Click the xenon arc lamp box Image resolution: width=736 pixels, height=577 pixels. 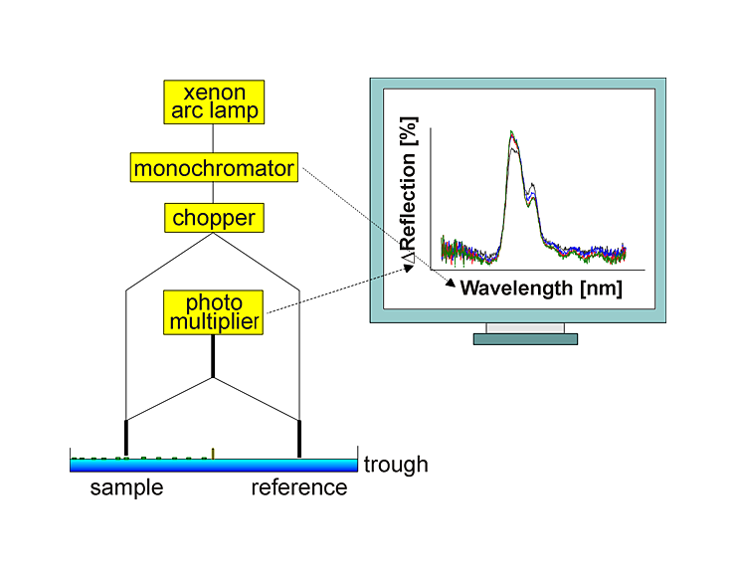214,101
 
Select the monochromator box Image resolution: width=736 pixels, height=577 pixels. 214,168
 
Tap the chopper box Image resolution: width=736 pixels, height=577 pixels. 214,217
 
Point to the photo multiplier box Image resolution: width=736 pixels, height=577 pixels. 214,311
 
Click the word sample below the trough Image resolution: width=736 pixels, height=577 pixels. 126,488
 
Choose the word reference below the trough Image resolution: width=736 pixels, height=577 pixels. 298,488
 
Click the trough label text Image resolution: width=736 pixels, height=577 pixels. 396,465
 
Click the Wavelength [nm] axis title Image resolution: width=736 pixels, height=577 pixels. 541,289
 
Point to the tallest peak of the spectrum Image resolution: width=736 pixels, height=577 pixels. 511,133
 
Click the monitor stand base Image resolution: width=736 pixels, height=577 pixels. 525,338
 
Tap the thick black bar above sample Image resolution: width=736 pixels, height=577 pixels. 126,438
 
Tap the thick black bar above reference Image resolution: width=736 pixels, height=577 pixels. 299,438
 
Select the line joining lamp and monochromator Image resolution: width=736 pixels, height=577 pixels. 213,138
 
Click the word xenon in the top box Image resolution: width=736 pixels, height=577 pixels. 214,93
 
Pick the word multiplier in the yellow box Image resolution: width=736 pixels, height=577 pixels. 214,321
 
